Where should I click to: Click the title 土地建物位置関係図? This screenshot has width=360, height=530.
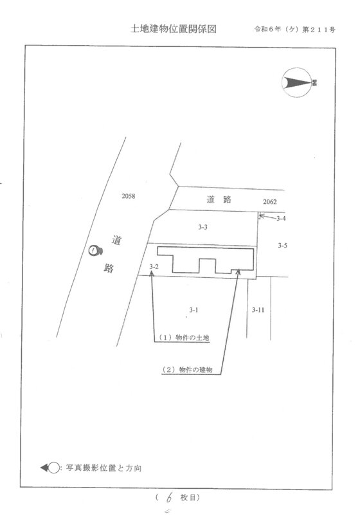pos(173,29)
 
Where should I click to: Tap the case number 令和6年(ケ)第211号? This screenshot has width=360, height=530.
pos(294,30)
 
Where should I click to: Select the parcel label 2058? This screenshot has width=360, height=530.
pos(129,196)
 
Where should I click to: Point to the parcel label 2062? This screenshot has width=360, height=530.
pos(270,202)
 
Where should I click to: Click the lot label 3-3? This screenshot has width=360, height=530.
pos(203,227)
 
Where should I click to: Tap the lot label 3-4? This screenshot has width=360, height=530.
pos(281,218)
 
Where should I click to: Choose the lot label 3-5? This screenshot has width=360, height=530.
pos(283,246)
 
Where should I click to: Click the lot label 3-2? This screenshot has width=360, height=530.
pos(154,267)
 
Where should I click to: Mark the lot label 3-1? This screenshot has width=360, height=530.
pos(194,309)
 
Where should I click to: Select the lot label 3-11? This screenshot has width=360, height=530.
pos(258,309)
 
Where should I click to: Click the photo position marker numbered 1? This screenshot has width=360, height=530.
pos(95,250)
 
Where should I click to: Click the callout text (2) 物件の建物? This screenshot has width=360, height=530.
pos(188,370)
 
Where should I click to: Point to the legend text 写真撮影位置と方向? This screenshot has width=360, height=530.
pos(104,468)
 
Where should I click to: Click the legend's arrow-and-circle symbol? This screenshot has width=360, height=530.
pos(50,468)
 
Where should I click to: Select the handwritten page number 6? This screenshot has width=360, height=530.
pos(169,497)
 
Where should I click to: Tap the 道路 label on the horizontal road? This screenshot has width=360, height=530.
pos(219,199)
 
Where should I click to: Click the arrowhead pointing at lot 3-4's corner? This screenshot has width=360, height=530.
pos(261,215)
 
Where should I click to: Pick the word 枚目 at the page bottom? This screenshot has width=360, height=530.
pos(188,498)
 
